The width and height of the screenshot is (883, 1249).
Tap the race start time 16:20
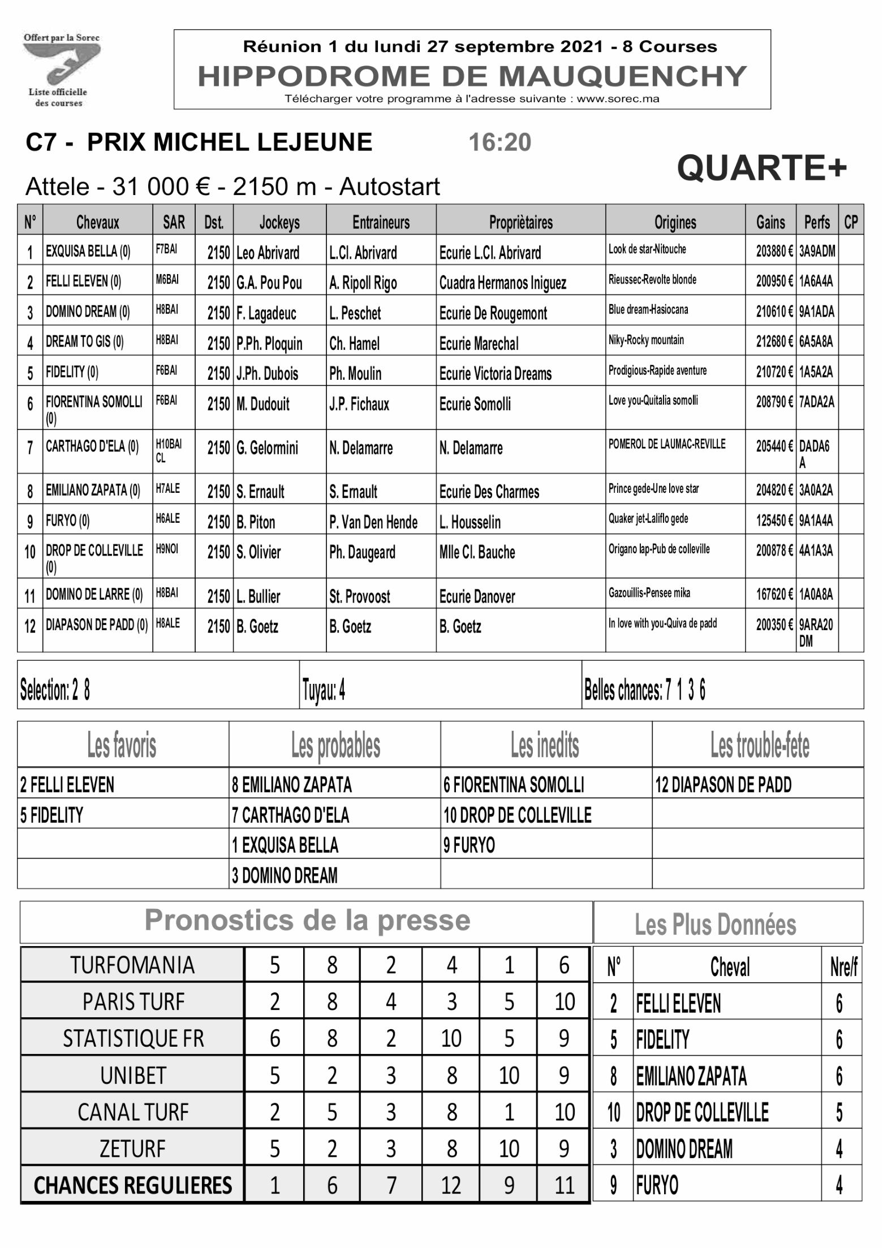click(x=499, y=142)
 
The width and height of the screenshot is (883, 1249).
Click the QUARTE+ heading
click(x=761, y=168)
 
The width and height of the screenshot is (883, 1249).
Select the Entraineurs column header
click(x=381, y=222)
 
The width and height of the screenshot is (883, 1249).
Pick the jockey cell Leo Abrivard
click(x=268, y=253)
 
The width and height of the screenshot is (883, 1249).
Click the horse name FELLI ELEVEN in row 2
click(x=83, y=281)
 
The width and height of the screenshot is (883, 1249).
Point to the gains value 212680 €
click(x=774, y=342)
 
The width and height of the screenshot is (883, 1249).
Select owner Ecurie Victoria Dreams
click(x=495, y=374)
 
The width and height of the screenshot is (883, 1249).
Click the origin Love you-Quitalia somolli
click(x=653, y=401)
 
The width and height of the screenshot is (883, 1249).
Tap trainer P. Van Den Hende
click(x=373, y=522)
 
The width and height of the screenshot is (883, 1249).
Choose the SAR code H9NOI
click(x=167, y=548)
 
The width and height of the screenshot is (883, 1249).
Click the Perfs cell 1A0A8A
click(x=816, y=594)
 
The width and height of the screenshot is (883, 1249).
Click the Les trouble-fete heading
click(x=759, y=745)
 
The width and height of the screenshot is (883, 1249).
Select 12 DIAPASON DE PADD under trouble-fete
click(x=723, y=784)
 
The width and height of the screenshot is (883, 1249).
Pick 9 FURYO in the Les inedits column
click(x=469, y=845)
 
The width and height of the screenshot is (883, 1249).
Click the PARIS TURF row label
click(x=133, y=1002)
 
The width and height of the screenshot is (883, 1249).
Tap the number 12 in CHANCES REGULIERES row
click(x=451, y=1185)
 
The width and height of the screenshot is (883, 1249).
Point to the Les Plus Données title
click(x=715, y=925)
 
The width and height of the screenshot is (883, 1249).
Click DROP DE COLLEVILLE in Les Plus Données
click(x=702, y=1112)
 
